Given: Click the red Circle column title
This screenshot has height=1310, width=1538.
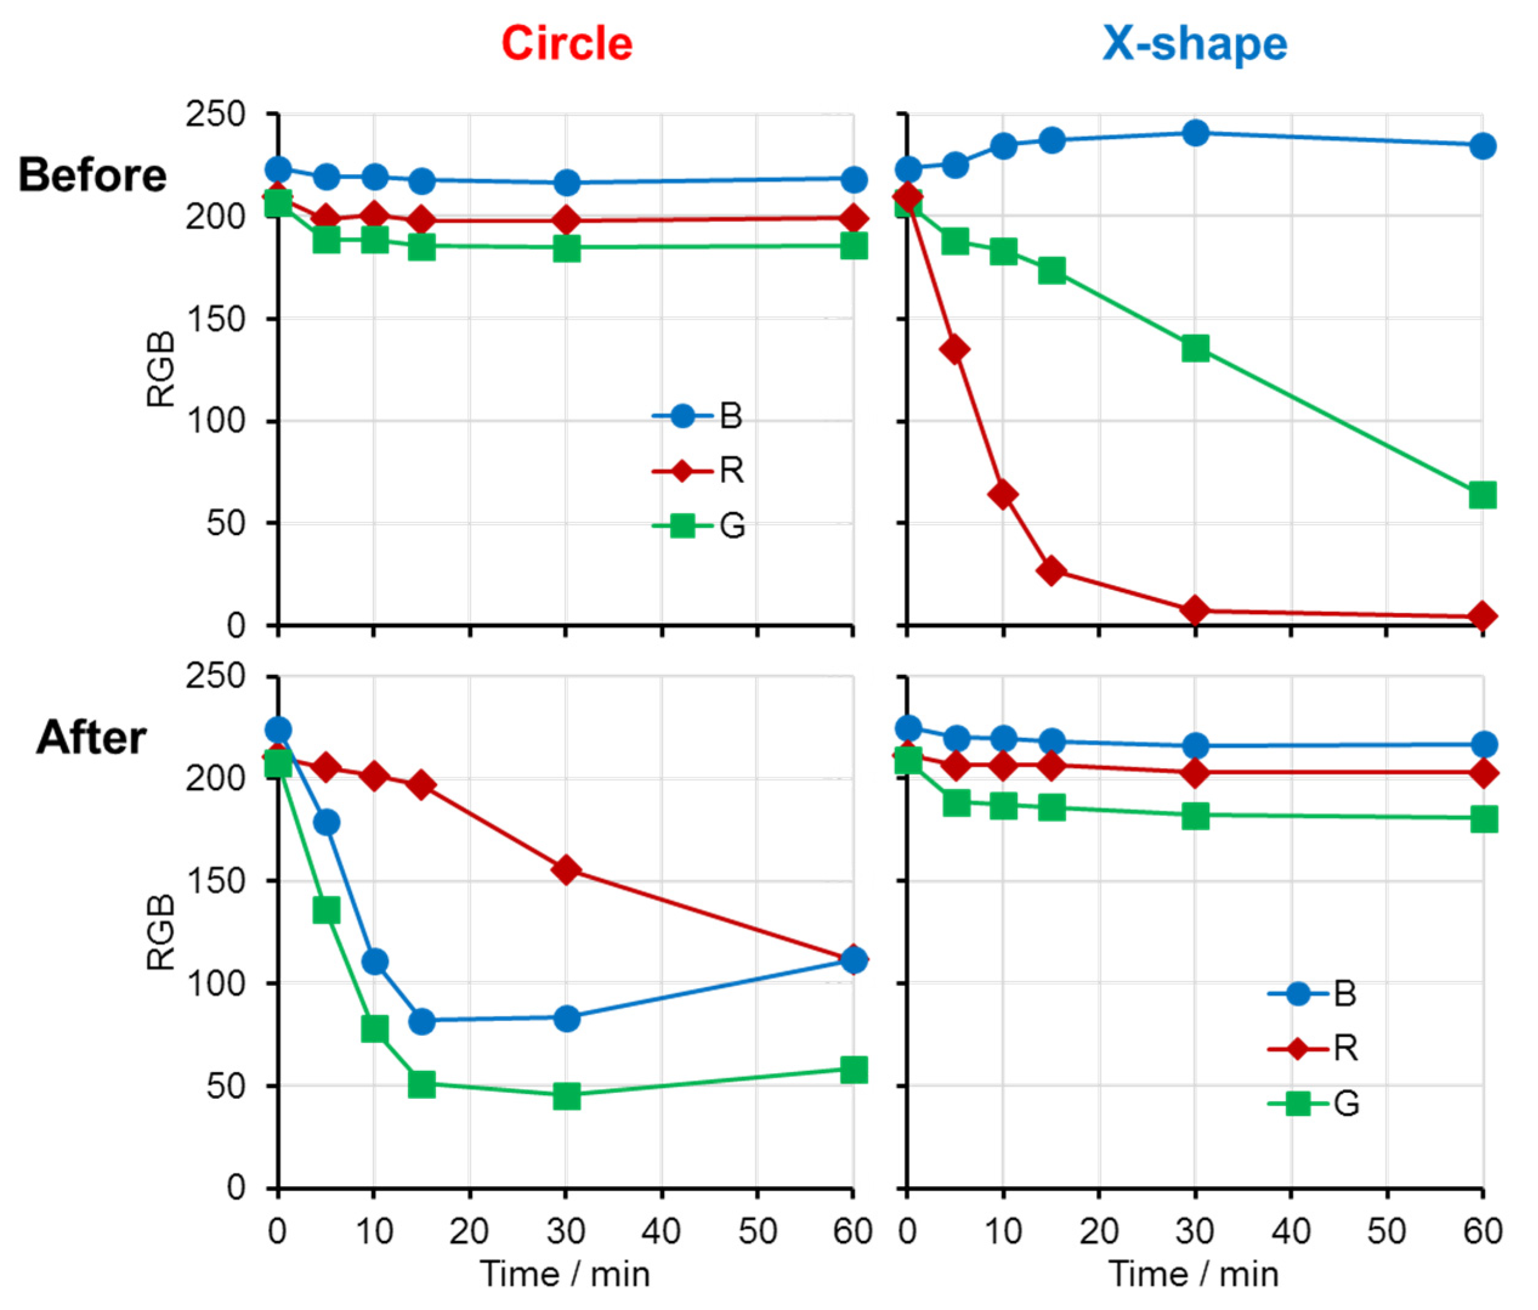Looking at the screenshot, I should click(566, 44).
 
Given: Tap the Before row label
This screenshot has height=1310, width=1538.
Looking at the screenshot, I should click(93, 175).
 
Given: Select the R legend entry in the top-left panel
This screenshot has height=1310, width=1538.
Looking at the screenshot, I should click(731, 470).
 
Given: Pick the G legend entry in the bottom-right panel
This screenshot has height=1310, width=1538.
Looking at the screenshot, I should click(1346, 1104).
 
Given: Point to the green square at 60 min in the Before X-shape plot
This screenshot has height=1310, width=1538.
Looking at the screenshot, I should click(1482, 495).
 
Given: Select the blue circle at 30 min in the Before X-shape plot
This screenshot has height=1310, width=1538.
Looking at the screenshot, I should click(1195, 133).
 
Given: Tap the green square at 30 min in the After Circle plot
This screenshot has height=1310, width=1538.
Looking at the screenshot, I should click(566, 1095).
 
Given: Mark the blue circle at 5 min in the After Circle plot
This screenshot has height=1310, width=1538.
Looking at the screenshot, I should click(327, 822).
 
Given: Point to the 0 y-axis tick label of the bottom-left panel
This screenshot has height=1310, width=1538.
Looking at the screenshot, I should click(235, 1187).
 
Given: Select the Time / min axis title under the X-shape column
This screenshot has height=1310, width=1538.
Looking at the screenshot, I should click(1194, 1274).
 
